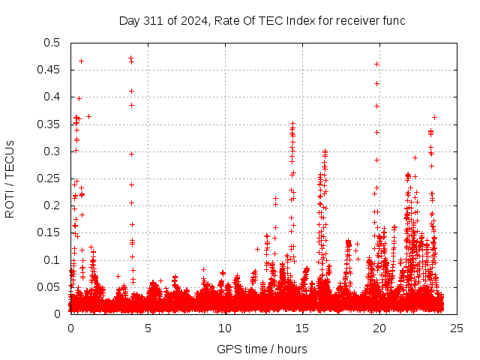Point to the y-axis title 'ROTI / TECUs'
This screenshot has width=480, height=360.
pos(10,178)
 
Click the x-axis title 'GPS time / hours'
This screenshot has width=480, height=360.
pos(262,349)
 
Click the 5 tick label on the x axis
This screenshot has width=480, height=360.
pos(148,327)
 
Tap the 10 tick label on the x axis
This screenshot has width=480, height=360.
pos(225,327)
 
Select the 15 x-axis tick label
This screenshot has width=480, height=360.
pos(302,327)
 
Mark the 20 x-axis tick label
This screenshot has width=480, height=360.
pos(379,327)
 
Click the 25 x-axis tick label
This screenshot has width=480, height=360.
pos(457,327)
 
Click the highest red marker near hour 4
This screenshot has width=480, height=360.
pos(130,58)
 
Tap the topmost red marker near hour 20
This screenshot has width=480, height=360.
pos(376,64)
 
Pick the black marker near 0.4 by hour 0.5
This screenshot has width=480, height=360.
pos(79,98)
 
